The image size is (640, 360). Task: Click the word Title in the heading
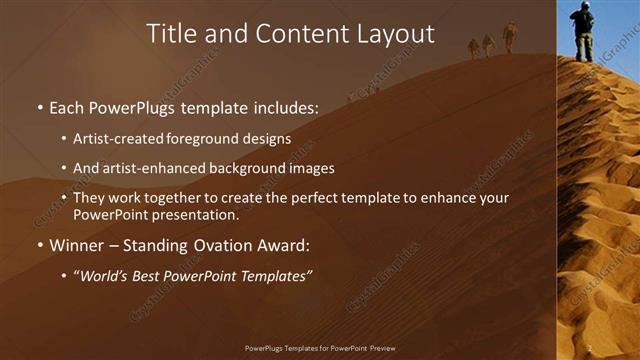tap(170, 34)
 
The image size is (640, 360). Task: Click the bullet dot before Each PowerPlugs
tap(39, 106)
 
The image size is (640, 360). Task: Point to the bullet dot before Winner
tap(39, 245)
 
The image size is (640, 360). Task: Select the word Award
tap(285, 245)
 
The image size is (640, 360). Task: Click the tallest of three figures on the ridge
tap(510, 37)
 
